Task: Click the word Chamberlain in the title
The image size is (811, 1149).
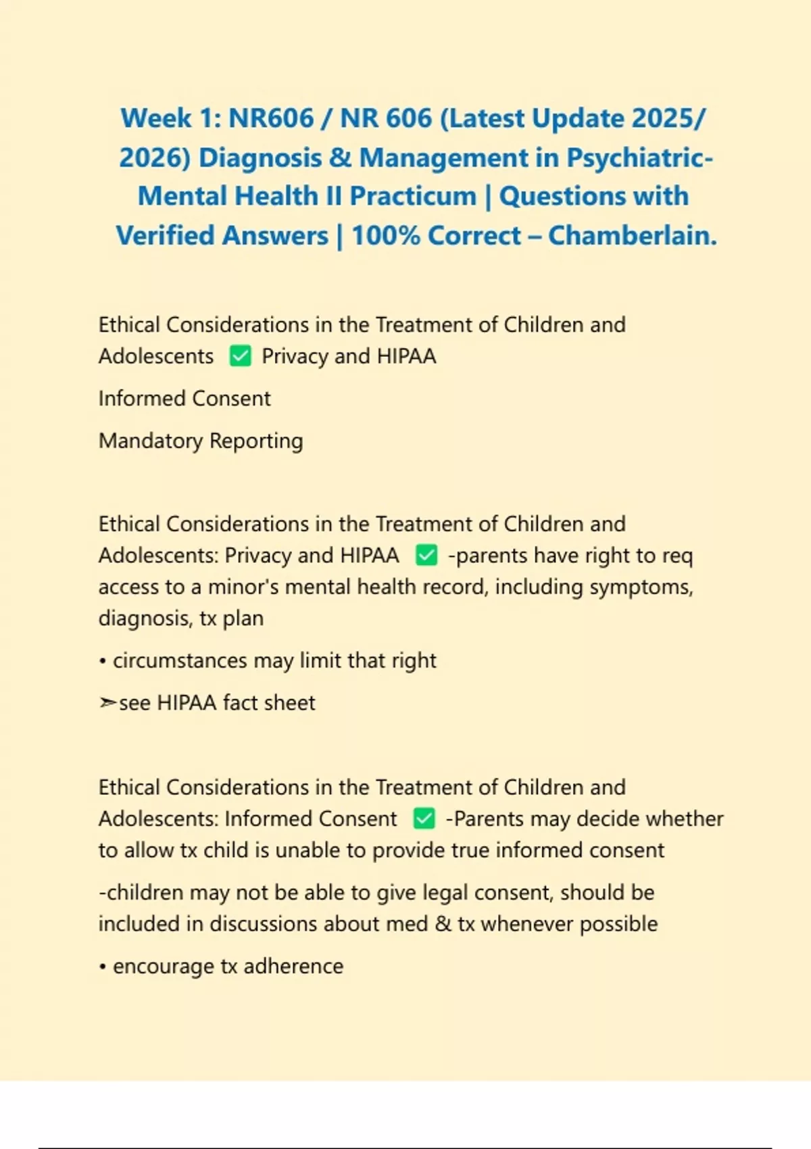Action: (631, 236)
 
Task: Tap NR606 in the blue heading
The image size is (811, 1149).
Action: (271, 118)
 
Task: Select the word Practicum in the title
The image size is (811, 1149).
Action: (413, 197)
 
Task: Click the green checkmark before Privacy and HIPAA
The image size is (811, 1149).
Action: (240, 356)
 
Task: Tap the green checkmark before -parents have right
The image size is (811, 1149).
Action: (426, 556)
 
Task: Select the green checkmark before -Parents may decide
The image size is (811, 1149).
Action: (424, 819)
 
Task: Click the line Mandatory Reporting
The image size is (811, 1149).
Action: (201, 441)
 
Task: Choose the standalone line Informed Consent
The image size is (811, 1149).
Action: (185, 399)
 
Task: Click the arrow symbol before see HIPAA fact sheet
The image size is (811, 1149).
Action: (107, 703)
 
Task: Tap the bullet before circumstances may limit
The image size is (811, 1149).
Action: (103, 662)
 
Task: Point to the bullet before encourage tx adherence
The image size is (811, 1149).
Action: (103, 967)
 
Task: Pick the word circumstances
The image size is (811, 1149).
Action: (180, 660)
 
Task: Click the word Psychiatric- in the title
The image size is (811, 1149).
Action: (639, 157)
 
